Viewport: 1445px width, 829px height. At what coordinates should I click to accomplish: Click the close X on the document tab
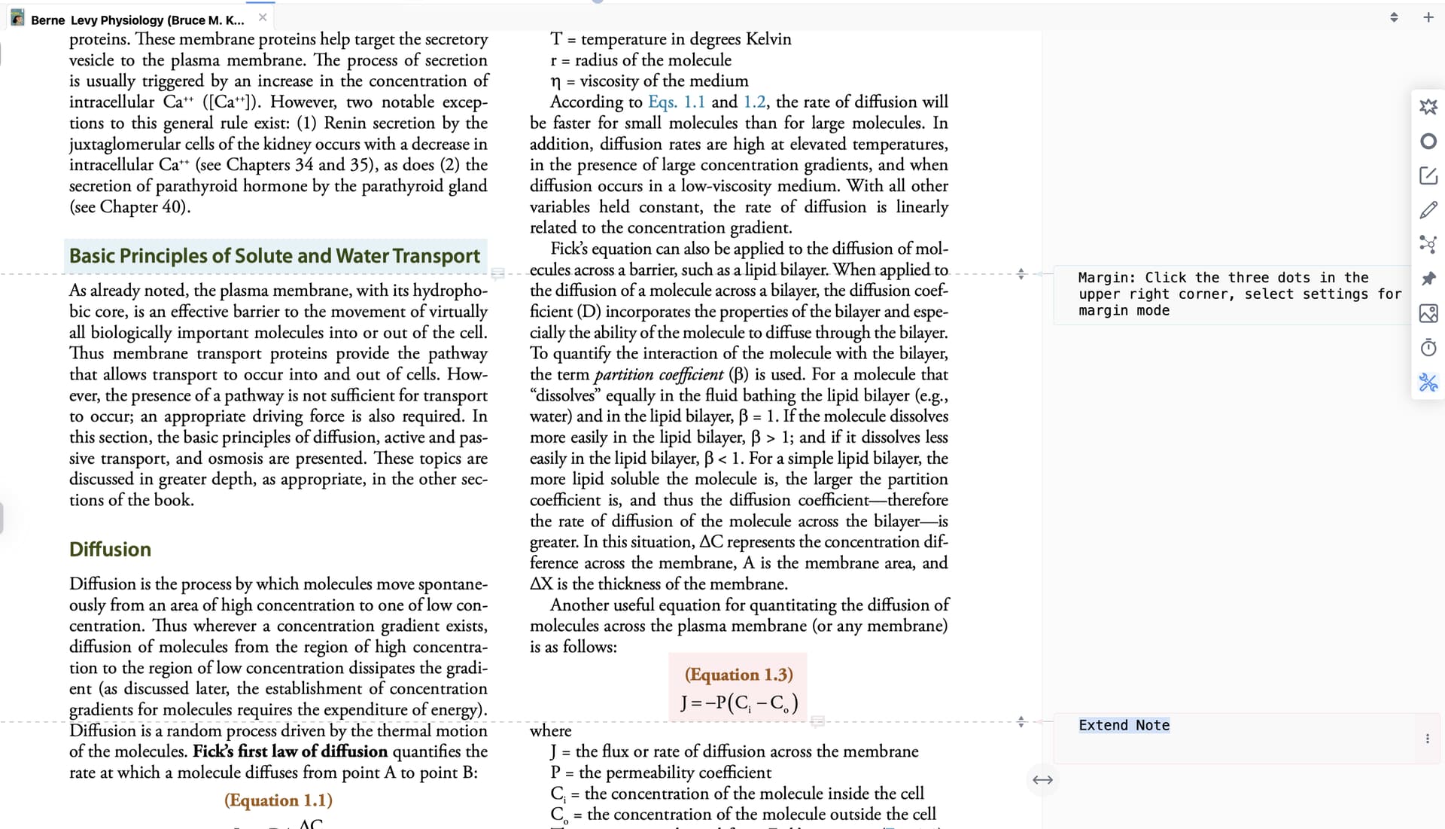(x=263, y=17)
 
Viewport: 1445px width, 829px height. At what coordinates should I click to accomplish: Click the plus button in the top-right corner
(x=1428, y=17)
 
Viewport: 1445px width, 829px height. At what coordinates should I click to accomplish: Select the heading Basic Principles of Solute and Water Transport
(x=275, y=256)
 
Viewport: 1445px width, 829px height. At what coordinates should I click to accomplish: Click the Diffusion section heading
(x=110, y=550)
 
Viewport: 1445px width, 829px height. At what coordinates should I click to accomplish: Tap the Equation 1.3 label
(x=738, y=675)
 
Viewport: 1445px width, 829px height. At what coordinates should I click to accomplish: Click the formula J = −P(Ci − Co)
(x=738, y=703)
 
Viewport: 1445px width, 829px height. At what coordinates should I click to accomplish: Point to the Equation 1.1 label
(x=278, y=800)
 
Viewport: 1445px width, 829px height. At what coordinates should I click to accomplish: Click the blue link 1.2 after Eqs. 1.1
(x=754, y=102)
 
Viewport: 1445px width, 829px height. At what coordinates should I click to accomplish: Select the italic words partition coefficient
(x=659, y=374)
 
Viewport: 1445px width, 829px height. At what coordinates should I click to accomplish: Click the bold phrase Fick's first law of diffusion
(x=290, y=751)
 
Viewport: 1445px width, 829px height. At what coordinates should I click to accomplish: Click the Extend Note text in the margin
(x=1124, y=725)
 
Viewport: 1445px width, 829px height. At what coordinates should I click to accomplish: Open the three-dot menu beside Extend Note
(x=1427, y=739)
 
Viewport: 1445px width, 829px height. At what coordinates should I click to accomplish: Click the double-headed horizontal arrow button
(x=1042, y=780)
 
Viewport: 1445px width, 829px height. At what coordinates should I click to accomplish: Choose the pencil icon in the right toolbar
(x=1428, y=210)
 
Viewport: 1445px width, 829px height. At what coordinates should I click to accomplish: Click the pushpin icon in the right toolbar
(x=1428, y=279)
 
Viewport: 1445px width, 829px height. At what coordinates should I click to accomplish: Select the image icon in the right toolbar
(x=1428, y=313)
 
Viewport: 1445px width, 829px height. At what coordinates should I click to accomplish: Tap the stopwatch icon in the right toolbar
(x=1428, y=348)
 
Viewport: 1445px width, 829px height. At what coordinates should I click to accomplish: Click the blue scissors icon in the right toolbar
(x=1428, y=382)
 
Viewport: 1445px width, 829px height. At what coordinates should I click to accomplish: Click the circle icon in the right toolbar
(x=1428, y=142)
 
